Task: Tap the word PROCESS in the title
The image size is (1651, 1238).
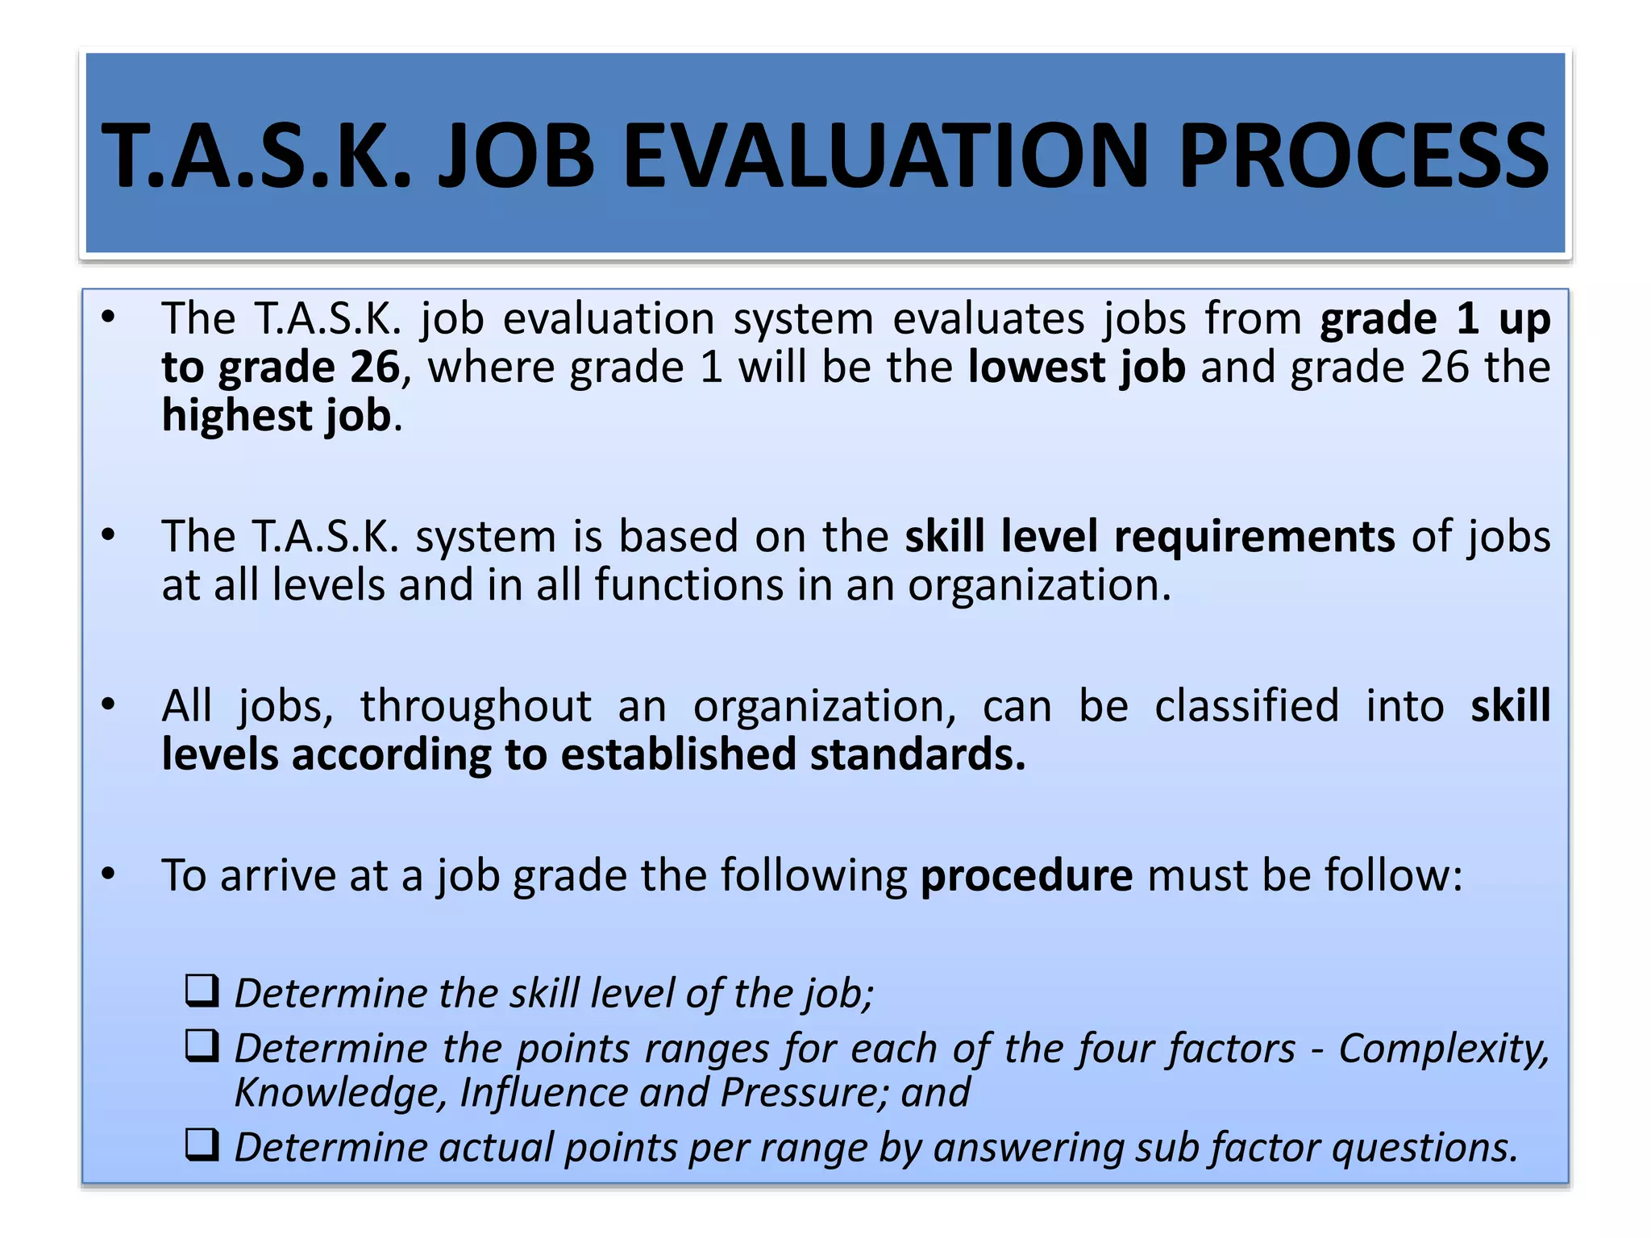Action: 1362,156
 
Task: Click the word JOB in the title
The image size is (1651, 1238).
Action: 516,156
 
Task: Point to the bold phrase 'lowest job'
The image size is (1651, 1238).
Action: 1076,368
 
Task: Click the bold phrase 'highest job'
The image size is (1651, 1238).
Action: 277,416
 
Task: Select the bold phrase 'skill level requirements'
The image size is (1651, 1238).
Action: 1150,537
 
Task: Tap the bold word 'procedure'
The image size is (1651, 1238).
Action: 1026,876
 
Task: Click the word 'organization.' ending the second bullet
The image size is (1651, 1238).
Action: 1039,586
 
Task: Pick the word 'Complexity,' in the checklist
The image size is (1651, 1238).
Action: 1444,1049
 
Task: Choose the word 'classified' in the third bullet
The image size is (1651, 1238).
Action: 1246,707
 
